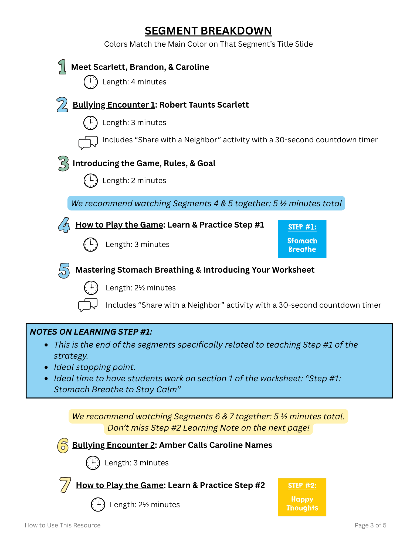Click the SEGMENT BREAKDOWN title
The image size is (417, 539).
tap(208, 31)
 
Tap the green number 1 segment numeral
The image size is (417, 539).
tap(62, 67)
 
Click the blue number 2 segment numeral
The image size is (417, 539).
tap(62, 105)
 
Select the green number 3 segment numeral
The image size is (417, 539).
tap(64, 163)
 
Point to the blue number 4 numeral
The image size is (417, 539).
tap(64, 225)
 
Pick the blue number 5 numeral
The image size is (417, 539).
tap(64, 270)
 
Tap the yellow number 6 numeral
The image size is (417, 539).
tap(63, 445)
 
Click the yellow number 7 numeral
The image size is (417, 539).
tap(65, 485)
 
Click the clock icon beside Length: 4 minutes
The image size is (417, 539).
tap(90, 82)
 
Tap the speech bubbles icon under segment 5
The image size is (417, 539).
tap(88, 305)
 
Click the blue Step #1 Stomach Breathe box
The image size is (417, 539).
tap(302, 239)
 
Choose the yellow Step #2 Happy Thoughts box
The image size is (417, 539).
tap(302, 497)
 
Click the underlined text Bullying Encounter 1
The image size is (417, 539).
tap(114, 105)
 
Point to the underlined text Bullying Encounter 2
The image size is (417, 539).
tap(113, 445)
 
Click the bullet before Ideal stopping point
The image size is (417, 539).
tap(46, 367)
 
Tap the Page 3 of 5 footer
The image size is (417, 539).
tap(370, 525)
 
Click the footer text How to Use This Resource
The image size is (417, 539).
tap(63, 525)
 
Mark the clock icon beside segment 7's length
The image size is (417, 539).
tap(98, 504)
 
